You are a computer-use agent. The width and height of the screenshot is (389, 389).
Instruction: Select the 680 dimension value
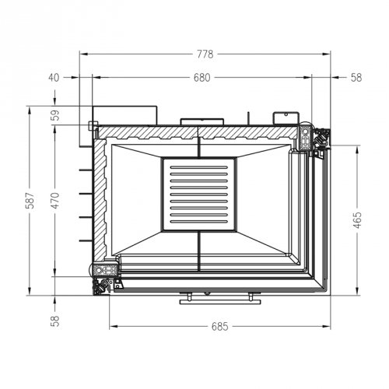[x=202, y=77]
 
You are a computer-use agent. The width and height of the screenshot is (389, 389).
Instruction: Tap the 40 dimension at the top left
[x=54, y=77]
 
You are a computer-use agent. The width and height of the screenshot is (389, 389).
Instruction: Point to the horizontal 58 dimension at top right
[x=356, y=77]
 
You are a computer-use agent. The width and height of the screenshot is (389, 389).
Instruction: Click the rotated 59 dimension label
[x=55, y=116]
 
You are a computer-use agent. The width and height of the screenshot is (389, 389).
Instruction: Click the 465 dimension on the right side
[x=357, y=221]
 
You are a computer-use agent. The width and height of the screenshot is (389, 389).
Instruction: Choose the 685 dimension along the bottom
[x=219, y=326]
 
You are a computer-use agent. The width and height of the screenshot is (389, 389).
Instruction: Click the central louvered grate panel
[x=198, y=194]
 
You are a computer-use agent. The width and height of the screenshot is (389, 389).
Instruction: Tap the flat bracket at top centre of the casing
[x=202, y=121]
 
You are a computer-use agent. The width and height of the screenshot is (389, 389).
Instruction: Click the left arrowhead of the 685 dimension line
[x=112, y=326]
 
